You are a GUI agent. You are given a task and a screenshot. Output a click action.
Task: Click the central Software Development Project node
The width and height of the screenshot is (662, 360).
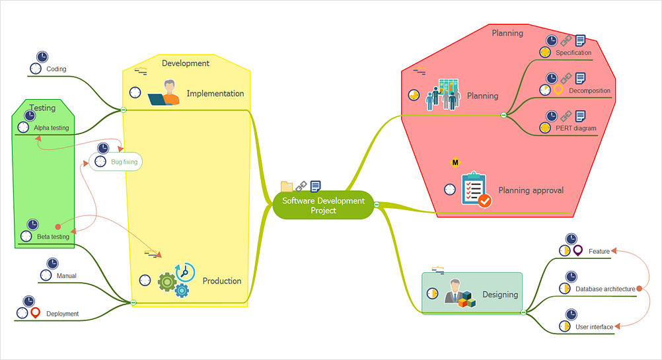tap(323, 205)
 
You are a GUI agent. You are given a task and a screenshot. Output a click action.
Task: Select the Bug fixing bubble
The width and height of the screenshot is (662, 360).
tap(116, 161)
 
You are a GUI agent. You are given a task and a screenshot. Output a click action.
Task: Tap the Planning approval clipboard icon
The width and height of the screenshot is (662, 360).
tap(475, 190)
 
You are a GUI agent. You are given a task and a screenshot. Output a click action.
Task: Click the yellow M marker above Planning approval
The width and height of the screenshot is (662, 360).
tap(455, 162)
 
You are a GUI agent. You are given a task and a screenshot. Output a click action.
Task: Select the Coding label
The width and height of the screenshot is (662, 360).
tap(56, 69)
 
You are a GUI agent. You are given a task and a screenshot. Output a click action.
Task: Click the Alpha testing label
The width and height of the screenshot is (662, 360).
tap(52, 128)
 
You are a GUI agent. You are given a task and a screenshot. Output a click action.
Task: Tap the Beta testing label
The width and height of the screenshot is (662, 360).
tap(53, 236)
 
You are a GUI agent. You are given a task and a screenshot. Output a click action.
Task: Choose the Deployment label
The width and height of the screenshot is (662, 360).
tap(63, 314)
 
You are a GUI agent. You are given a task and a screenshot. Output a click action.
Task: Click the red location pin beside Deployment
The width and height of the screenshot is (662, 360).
tap(36, 312)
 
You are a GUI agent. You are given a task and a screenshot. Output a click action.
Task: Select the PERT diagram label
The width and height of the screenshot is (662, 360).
tap(576, 128)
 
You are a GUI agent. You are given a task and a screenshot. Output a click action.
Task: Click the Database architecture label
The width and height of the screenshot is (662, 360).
tap(605, 289)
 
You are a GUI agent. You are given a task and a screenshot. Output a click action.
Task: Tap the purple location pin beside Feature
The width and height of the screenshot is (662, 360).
tap(578, 251)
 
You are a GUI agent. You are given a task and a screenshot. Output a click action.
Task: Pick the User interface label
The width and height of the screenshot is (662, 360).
tap(594, 326)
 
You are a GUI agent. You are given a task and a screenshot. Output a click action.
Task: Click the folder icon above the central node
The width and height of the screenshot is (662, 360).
tap(287, 186)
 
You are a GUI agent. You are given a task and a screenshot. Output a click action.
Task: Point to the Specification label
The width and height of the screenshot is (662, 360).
tap(573, 53)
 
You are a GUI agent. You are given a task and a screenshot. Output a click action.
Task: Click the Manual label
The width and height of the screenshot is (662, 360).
tap(66, 276)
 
